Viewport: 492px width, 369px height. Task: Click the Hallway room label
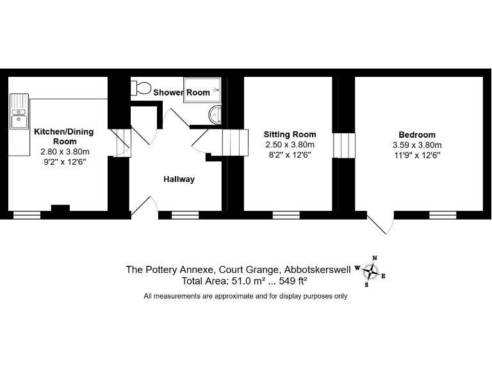[x=179, y=179]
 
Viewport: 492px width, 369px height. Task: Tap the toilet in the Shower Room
[x=140, y=88]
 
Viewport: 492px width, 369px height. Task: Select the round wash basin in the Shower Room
[x=215, y=115]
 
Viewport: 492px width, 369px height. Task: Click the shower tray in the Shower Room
[x=202, y=90]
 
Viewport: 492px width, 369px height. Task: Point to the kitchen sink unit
[x=19, y=111]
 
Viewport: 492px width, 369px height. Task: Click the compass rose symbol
[x=370, y=272]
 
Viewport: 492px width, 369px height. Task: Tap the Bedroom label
[x=417, y=135]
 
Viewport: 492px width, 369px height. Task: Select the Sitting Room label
[x=290, y=135]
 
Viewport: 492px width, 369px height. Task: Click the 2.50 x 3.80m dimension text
[x=290, y=145]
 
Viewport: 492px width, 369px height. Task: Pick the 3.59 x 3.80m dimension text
[x=417, y=145]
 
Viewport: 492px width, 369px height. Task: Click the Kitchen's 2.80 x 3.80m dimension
[x=65, y=152]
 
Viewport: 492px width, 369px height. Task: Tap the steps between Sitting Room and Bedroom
[x=344, y=145]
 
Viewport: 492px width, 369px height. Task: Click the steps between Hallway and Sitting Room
[x=235, y=143]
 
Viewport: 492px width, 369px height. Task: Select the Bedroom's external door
[x=381, y=223]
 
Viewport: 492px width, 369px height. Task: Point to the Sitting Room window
[x=286, y=215]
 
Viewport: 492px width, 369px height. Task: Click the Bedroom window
[x=443, y=215]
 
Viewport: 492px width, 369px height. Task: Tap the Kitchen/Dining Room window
[x=27, y=215]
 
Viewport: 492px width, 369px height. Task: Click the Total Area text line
[x=244, y=281]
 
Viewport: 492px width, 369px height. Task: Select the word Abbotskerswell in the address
[x=317, y=270]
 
